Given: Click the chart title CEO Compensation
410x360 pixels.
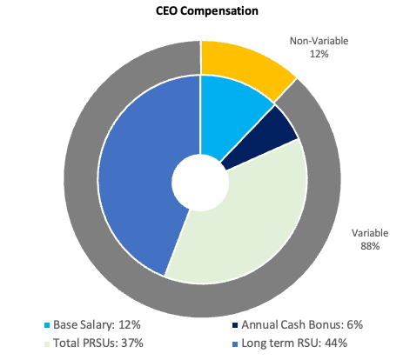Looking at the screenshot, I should (201, 11).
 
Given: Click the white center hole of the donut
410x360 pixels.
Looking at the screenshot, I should (201, 181).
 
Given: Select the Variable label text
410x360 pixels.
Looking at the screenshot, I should (370, 233).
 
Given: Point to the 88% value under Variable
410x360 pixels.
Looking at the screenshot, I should (370, 246).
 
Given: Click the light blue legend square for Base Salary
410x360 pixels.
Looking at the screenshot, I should (46, 323).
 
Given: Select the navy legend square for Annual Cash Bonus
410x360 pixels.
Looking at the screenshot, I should (236, 323).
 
